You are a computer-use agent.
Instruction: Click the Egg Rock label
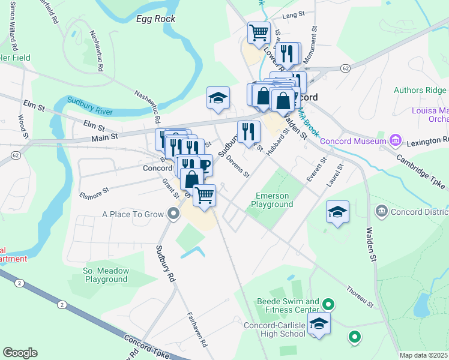pos(155,19)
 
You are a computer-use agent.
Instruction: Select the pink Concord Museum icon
pos(395,141)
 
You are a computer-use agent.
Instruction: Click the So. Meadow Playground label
pos(106,275)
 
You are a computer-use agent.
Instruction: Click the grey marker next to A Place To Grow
pos(173,214)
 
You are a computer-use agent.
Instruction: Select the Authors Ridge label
pos(420,91)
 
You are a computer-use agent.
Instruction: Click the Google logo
pos(20,353)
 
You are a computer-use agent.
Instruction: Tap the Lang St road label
pos(290,14)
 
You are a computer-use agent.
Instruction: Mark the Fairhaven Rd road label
pos(196,330)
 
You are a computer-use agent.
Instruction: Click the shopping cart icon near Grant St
pos(205,195)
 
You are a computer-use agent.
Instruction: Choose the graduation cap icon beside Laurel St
pos(338,211)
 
